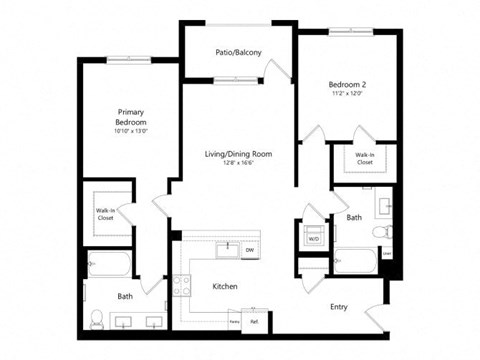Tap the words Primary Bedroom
[131, 117]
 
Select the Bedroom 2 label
[348, 84]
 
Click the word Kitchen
[225, 287]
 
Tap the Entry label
[340, 307]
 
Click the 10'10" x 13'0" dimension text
[131, 132]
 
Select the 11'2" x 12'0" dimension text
[348, 94]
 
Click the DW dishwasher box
[250, 250]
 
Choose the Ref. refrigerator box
[254, 321]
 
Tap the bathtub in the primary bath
[108, 267]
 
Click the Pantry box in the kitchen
[235, 321]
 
